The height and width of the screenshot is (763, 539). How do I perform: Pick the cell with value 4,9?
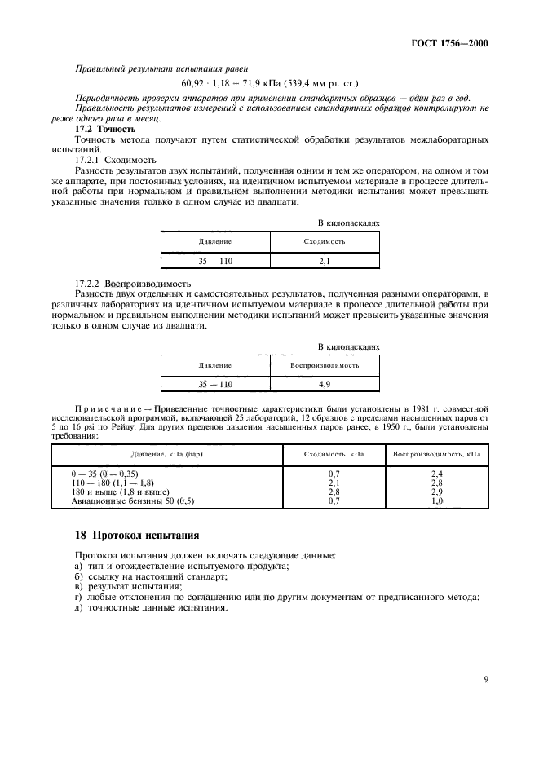coord(325,383)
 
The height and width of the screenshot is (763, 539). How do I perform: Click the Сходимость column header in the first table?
coord(325,242)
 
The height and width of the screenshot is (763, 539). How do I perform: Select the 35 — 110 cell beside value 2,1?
coord(215,261)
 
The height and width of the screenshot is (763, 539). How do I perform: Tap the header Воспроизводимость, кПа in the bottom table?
coord(436,453)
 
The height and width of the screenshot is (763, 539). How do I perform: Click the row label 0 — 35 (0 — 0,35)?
coord(112,473)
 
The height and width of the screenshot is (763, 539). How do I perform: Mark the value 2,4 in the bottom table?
coord(436,473)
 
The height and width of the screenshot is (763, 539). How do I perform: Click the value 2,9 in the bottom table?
coord(436,492)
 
